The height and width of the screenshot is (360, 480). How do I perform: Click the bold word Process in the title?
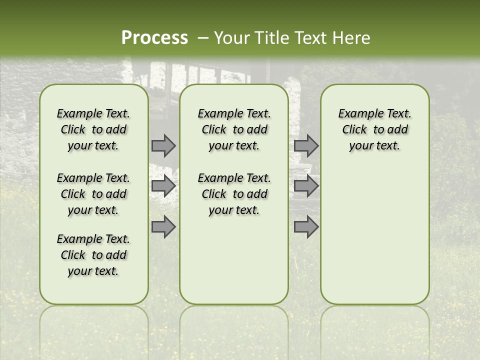[x=154, y=38]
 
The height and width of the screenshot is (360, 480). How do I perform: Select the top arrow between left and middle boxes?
[x=163, y=145]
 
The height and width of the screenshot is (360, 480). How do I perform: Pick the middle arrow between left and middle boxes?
[x=163, y=186]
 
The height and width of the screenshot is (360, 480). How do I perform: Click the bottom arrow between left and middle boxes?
[x=163, y=226]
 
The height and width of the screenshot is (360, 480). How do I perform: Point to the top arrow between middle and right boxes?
[x=306, y=145]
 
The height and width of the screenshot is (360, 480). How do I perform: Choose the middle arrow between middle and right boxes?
[x=306, y=186]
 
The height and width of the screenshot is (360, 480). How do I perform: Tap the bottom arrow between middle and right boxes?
[x=306, y=226]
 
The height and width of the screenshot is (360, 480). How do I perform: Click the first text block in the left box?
[x=93, y=129]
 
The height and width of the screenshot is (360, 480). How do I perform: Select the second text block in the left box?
[x=93, y=194]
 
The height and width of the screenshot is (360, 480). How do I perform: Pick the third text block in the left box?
[x=93, y=255]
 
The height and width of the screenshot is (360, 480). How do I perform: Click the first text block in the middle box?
[x=234, y=129]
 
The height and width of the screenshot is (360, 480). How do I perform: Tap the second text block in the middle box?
[x=234, y=194]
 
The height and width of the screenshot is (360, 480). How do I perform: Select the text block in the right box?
[x=375, y=129]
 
